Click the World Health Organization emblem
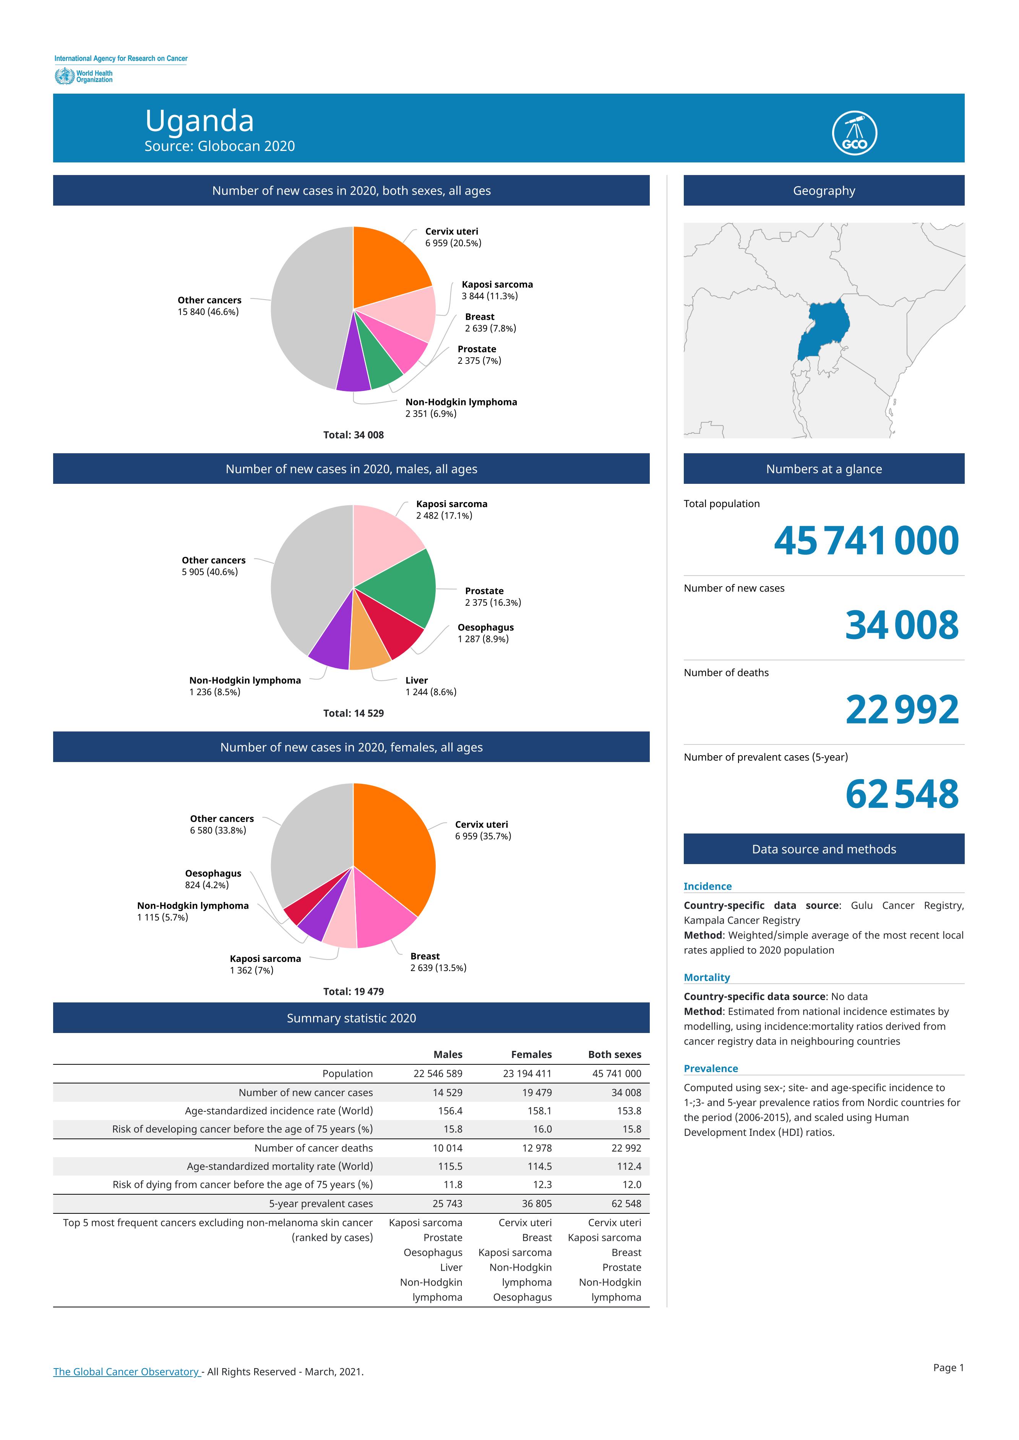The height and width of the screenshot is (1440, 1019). (64, 76)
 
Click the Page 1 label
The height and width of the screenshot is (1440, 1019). (948, 1367)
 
